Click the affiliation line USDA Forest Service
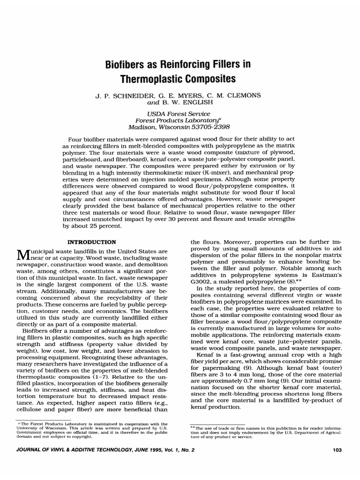pyautogui.click(x=180, y=113)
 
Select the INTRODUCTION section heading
pyautogui.click(x=92, y=242)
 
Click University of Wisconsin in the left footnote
pyautogui.click(x=37, y=428)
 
